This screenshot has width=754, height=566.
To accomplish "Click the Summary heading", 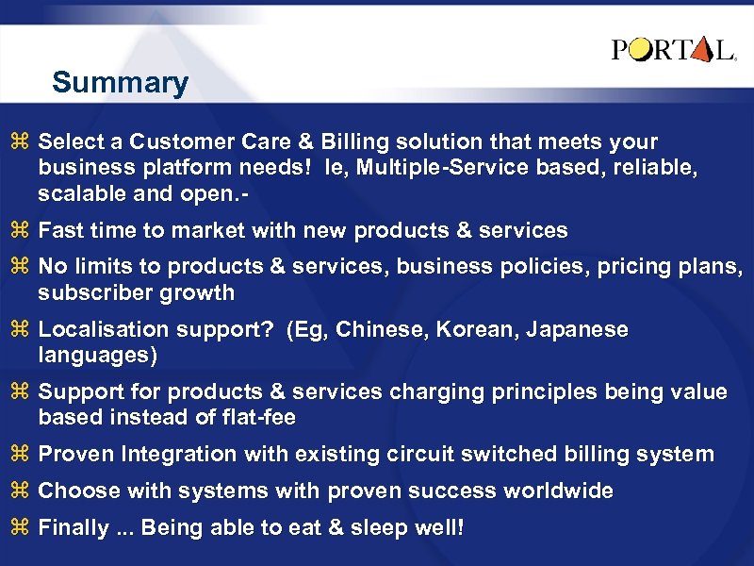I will (120, 83).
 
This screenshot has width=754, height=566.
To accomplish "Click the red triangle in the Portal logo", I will (699, 50).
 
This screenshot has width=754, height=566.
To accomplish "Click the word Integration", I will (178, 454).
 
